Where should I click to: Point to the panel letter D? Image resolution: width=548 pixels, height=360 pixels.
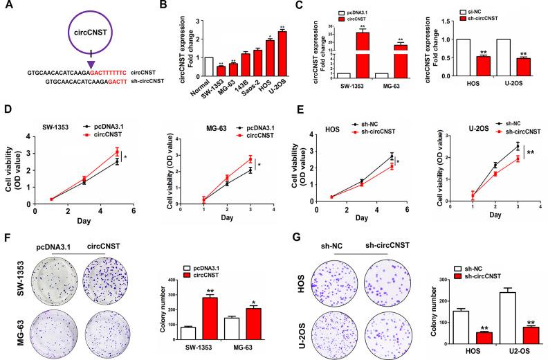coord(6,109)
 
